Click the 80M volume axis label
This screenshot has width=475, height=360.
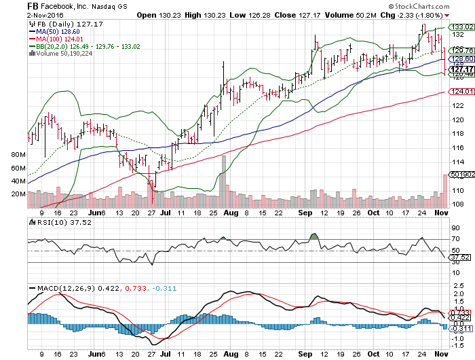point(18,156)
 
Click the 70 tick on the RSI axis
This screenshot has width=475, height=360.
point(455,239)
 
